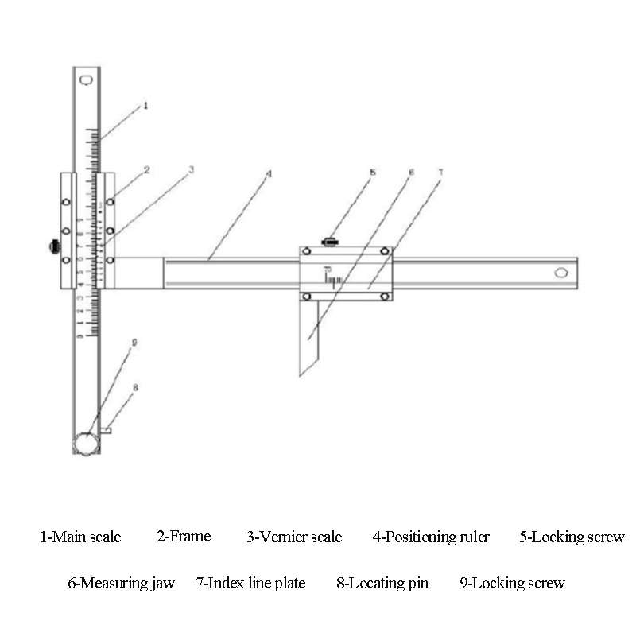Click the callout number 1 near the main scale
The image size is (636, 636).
pos(145,105)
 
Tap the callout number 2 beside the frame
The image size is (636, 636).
pos(146,169)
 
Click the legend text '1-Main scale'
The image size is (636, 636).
pos(80,537)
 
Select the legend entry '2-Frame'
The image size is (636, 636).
pos(184,536)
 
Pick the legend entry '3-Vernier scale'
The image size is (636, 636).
pos(294,537)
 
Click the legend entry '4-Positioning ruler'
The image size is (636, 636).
pos(432,537)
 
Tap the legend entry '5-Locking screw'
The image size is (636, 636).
pos(572,537)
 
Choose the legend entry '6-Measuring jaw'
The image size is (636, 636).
pos(122,583)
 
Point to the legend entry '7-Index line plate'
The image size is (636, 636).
pos(251,583)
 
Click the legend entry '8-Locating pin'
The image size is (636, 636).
pos(382,583)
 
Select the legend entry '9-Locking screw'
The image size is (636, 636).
pos(512,583)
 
